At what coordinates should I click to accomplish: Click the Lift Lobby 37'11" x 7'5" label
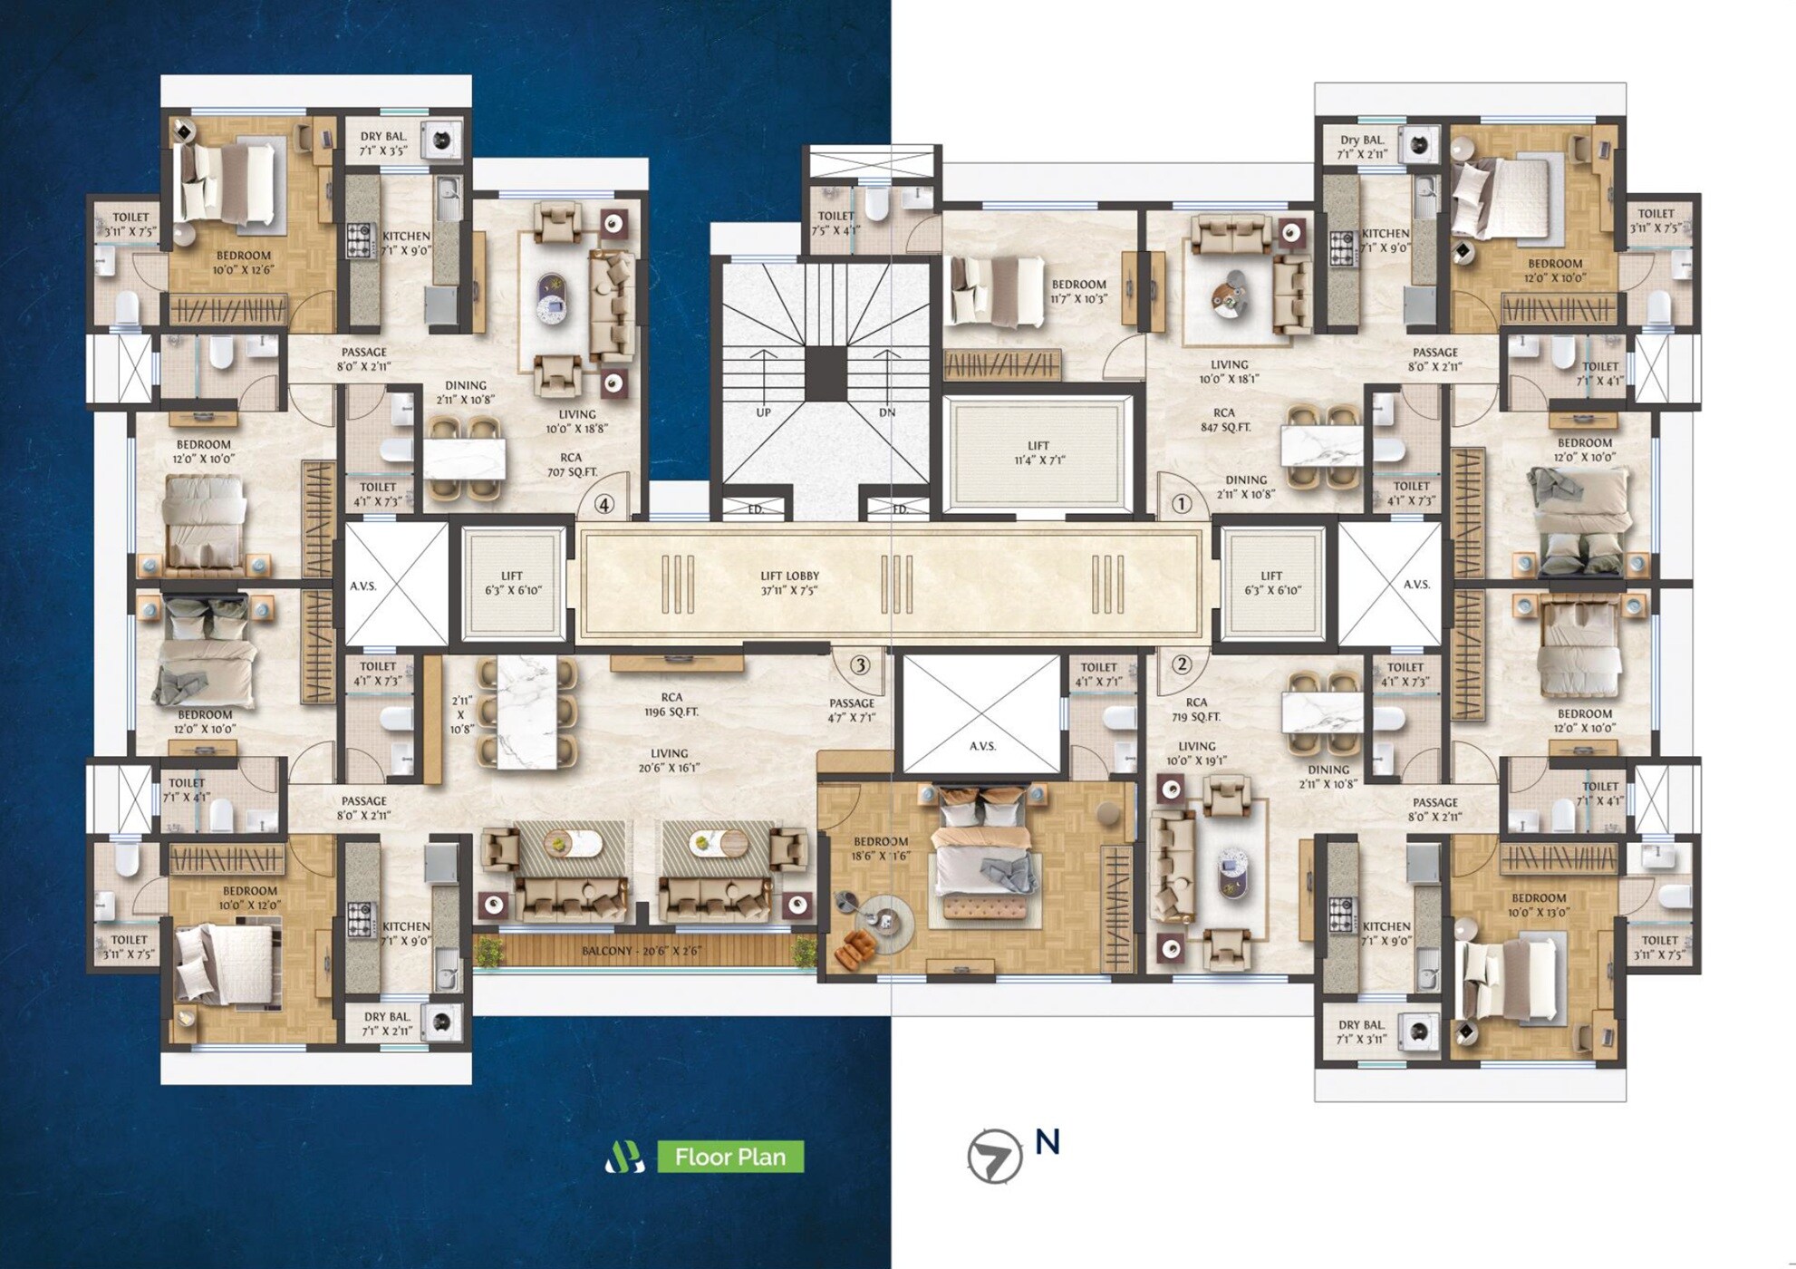789,583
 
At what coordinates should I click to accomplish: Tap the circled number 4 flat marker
604,505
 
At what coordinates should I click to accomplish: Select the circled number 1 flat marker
1181,503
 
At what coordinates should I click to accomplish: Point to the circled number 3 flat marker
860,665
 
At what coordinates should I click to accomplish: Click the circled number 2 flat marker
1181,664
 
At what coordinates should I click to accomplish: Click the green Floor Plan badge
729,1157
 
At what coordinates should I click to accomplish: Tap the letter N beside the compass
1048,1143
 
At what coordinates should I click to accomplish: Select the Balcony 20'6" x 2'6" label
641,952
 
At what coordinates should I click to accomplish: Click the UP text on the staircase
763,412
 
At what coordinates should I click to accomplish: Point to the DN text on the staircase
886,412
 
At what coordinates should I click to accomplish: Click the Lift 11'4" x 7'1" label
1038,452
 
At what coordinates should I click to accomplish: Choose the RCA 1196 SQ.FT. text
671,704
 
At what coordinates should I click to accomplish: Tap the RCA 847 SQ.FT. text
1223,420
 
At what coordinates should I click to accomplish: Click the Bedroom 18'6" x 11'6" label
880,848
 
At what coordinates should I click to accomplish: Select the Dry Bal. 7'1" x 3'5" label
384,144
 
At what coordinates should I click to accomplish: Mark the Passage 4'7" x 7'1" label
852,710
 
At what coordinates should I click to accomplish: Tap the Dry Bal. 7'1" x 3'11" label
1361,1032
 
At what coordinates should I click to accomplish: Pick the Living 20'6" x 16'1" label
669,760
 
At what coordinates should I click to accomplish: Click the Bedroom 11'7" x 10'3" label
1078,291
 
